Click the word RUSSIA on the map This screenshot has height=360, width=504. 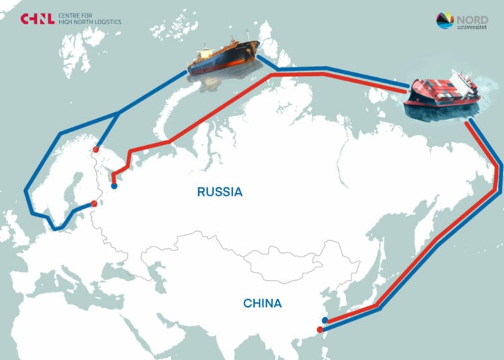(219, 192)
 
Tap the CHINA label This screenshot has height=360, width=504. (262, 304)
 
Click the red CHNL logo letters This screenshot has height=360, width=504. (37, 19)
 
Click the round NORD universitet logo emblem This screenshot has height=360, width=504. (445, 21)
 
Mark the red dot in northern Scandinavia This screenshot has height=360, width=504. (96, 150)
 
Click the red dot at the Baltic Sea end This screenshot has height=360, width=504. (94, 204)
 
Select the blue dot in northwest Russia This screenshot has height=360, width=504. (114, 187)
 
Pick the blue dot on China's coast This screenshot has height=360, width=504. (325, 320)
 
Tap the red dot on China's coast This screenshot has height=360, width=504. (320, 329)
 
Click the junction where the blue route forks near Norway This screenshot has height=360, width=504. (120, 114)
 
